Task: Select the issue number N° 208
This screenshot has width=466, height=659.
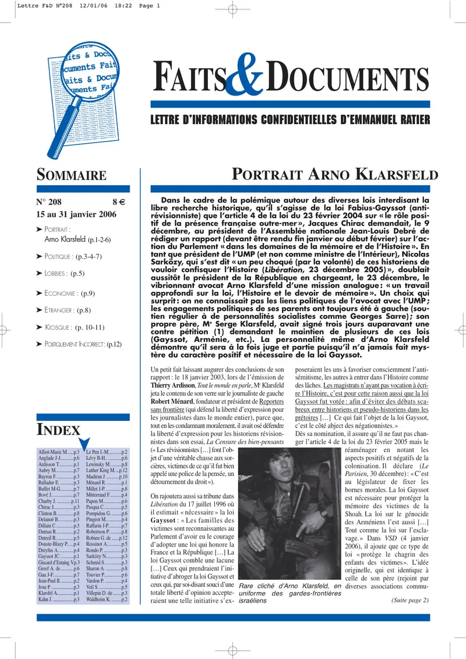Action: (x=53, y=203)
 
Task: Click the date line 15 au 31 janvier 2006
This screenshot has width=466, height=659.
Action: (x=76, y=214)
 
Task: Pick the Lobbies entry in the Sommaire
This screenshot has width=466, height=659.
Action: (x=65, y=273)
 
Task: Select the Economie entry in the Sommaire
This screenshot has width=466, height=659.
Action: (x=69, y=293)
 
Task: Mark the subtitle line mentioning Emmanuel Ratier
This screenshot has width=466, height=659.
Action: (x=290, y=121)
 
